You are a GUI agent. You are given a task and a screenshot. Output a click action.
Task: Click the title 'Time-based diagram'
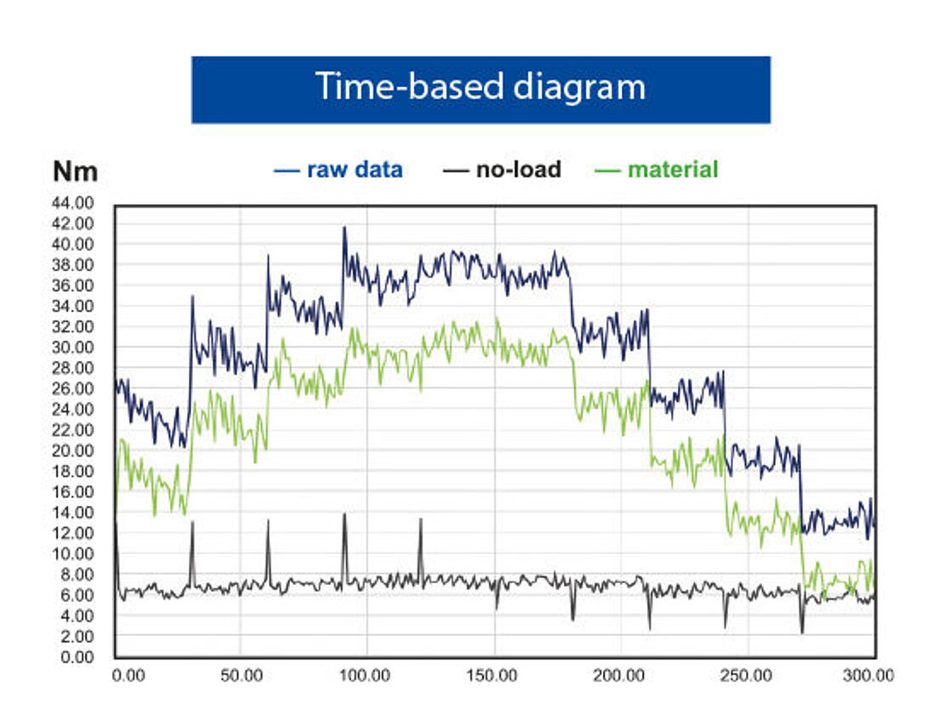click(481, 88)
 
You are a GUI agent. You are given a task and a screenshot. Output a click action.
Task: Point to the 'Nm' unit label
click(75, 172)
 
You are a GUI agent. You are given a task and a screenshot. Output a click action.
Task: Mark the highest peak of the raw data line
click(344, 227)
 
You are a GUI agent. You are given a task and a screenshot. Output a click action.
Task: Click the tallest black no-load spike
click(344, 514)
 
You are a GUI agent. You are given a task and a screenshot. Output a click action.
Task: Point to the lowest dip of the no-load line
click(802, 632)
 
